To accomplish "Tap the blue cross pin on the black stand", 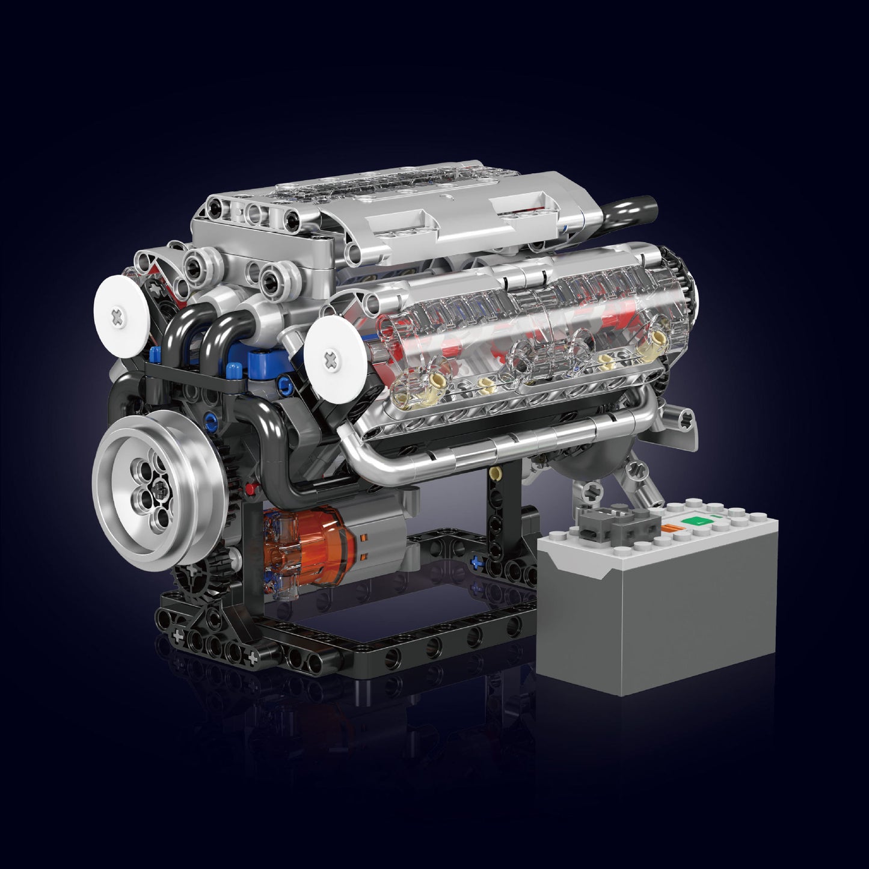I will [x=479, y=563].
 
